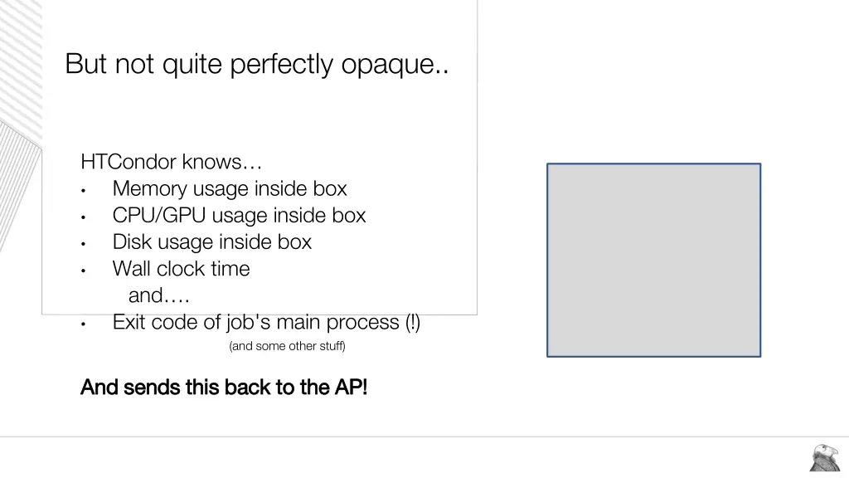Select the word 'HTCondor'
[x=129, y=161]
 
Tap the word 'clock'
[x=183, y=269]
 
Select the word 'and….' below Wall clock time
[x=158, y=295]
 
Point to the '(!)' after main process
[x=413, y=322]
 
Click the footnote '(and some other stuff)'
[x=287, y=346]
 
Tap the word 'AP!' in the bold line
[x=351, y=387]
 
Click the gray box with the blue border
[x=653, y=260]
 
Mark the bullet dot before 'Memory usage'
[x=84, y=190]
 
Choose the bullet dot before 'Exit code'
[x=84, y=324]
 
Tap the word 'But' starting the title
[x=86, y=64]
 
